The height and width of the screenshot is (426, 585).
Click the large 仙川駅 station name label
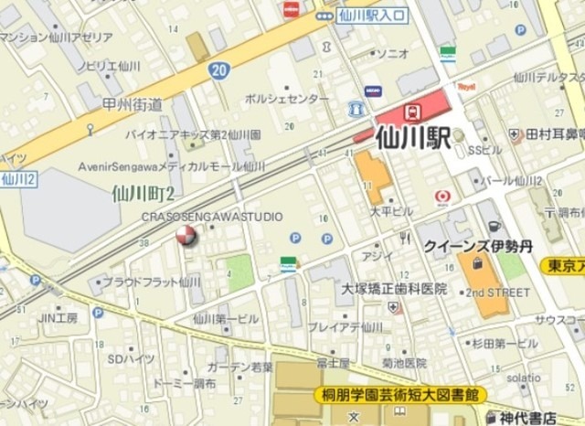(x=413, y=140)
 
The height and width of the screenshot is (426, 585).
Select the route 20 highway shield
(x=217, y=69)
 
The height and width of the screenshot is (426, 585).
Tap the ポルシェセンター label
(x=287, y=98)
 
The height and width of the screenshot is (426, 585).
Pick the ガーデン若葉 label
(x=239, y=366)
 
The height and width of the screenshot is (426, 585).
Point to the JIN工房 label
(x=57, y=318)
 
